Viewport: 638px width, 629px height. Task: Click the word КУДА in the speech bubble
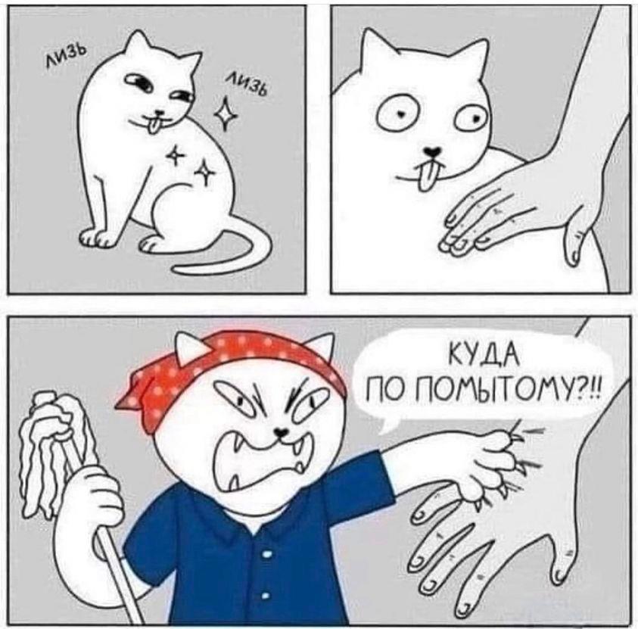click(x=484, y=359)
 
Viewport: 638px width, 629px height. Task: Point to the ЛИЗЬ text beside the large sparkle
click(x=247, y=86)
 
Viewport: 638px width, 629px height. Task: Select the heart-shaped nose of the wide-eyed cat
click(x=431, y=151)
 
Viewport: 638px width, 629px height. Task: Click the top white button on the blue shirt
click(x=266, y=554)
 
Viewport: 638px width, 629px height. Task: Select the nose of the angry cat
click(x=281, y=430)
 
